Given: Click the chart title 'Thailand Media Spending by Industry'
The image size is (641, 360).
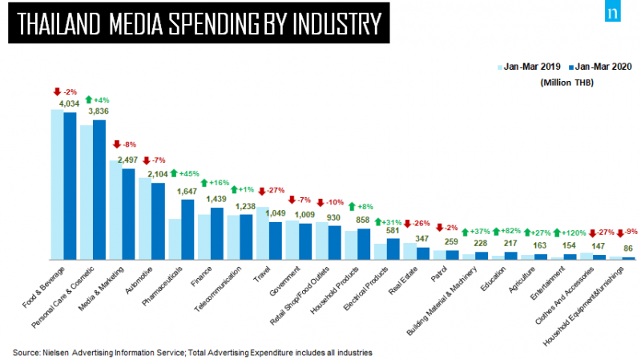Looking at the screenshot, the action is [x=199, y=23].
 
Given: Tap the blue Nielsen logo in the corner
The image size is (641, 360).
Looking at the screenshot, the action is [x=613, y=11].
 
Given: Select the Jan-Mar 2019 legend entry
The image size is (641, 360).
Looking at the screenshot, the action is [x=529, y=67].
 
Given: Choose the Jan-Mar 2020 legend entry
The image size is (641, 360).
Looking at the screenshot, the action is [x=600, y=67].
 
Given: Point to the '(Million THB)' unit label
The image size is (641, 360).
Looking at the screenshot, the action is [x=567, y=83].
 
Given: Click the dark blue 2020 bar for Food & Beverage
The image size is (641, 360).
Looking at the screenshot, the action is [x=70, y=186].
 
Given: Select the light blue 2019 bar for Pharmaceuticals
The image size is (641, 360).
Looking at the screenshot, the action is [x=175, y=239].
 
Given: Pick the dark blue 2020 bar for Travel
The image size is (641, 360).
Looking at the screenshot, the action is [x=276, y=241].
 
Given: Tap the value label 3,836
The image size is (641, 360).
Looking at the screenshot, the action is [x=99, y=111].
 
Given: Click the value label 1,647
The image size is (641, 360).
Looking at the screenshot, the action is [x=187, y=192].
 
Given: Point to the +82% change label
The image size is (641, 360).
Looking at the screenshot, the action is [x=510, y=231].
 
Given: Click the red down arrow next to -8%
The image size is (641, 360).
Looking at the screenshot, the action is [x=117, y=144].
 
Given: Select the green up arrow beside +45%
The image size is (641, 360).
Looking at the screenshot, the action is [x=174, y=173].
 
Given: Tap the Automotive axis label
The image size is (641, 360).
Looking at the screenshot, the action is [x=139, y=281].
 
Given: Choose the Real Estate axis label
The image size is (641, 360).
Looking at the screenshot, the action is [x=403, y=281].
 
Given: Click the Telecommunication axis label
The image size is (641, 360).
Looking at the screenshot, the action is [x=217, y=289].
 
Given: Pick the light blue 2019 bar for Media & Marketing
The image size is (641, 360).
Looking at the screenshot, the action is [x=115, y=210].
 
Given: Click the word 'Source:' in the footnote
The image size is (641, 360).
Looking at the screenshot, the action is [x=26, y=353].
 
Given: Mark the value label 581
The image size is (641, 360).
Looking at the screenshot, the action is [x=393, y=230].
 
